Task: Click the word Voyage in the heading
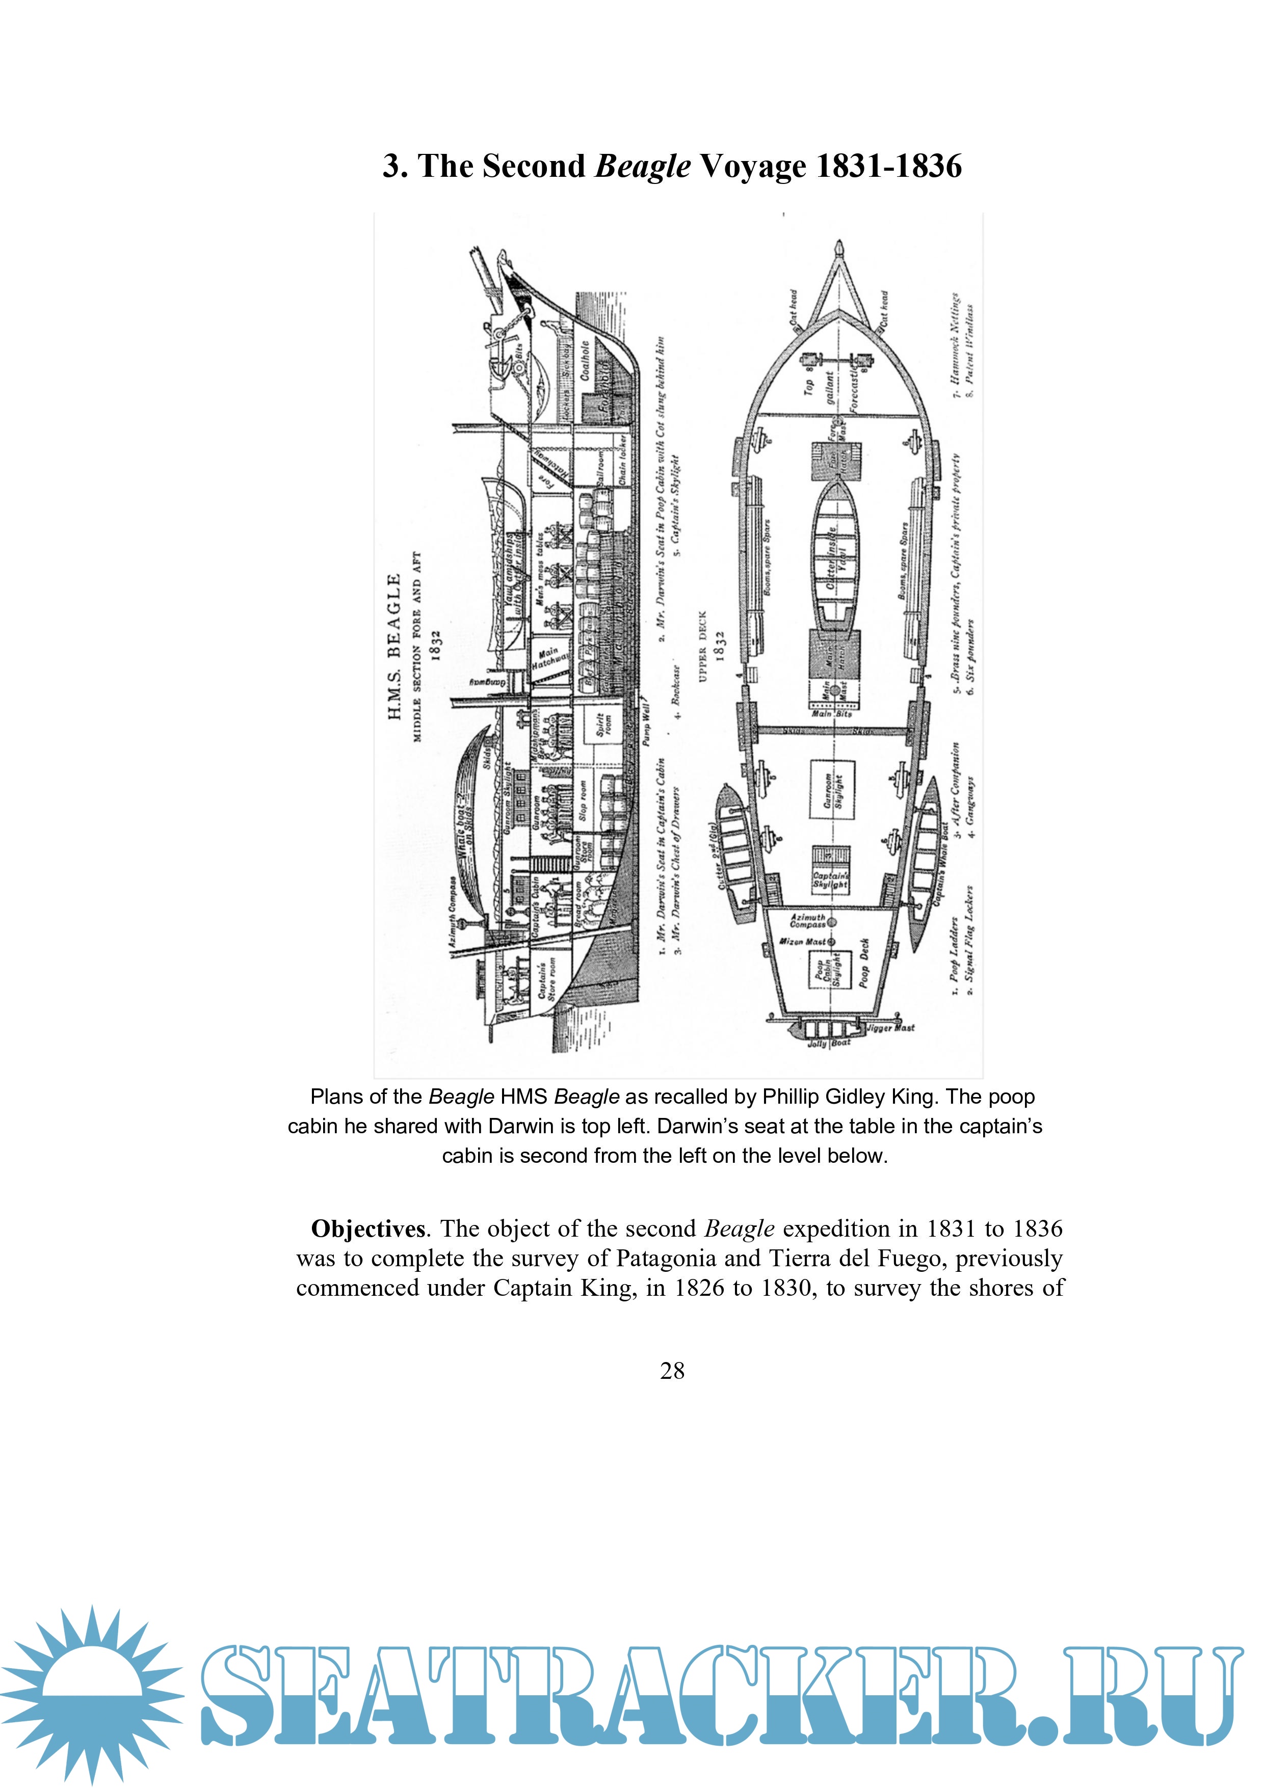[752, 166]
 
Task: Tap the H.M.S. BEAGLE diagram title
[394, 646]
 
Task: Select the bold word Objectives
[367, 1229]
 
